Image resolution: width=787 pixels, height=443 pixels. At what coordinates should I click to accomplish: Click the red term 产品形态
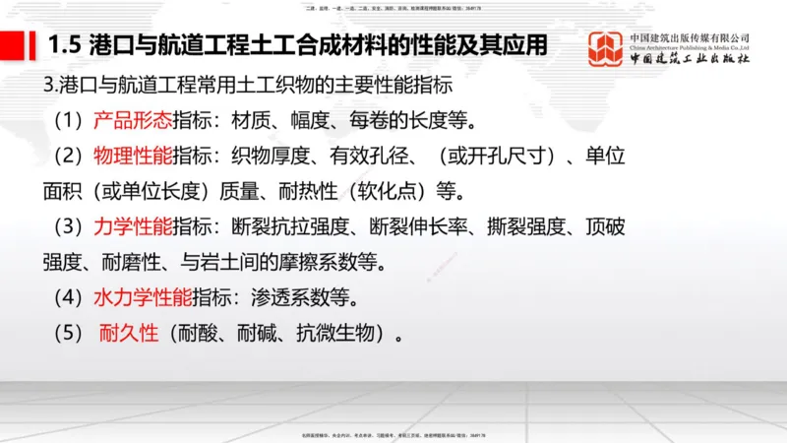133,122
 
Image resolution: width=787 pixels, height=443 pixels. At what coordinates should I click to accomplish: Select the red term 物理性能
133,156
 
